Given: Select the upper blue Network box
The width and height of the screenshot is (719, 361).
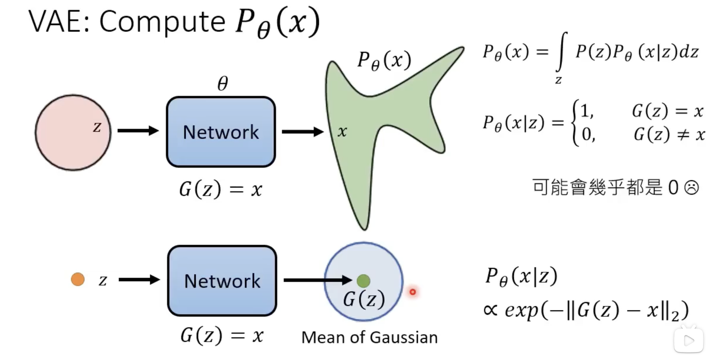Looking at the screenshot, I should (221, 132).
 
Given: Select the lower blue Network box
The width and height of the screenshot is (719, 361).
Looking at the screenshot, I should (222, 281).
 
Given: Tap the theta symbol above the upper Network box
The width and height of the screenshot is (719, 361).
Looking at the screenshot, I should (222, 84).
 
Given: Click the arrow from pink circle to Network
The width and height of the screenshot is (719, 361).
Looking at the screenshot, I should (138, 131).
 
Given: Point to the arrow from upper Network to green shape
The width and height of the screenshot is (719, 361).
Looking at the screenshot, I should (303, 132).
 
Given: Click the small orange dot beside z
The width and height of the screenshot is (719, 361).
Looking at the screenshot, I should (77, 280).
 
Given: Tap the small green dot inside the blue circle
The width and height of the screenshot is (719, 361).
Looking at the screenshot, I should (363, 281).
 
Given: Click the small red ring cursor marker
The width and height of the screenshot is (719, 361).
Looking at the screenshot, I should (412, 292).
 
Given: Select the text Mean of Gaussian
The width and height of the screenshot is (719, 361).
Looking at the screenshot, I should (369, 338).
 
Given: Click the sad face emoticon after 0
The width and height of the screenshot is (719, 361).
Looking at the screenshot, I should (691, 188).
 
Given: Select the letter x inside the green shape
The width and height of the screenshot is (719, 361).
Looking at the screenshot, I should (342, 132).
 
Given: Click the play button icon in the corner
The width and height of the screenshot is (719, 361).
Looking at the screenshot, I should (689, 340).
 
